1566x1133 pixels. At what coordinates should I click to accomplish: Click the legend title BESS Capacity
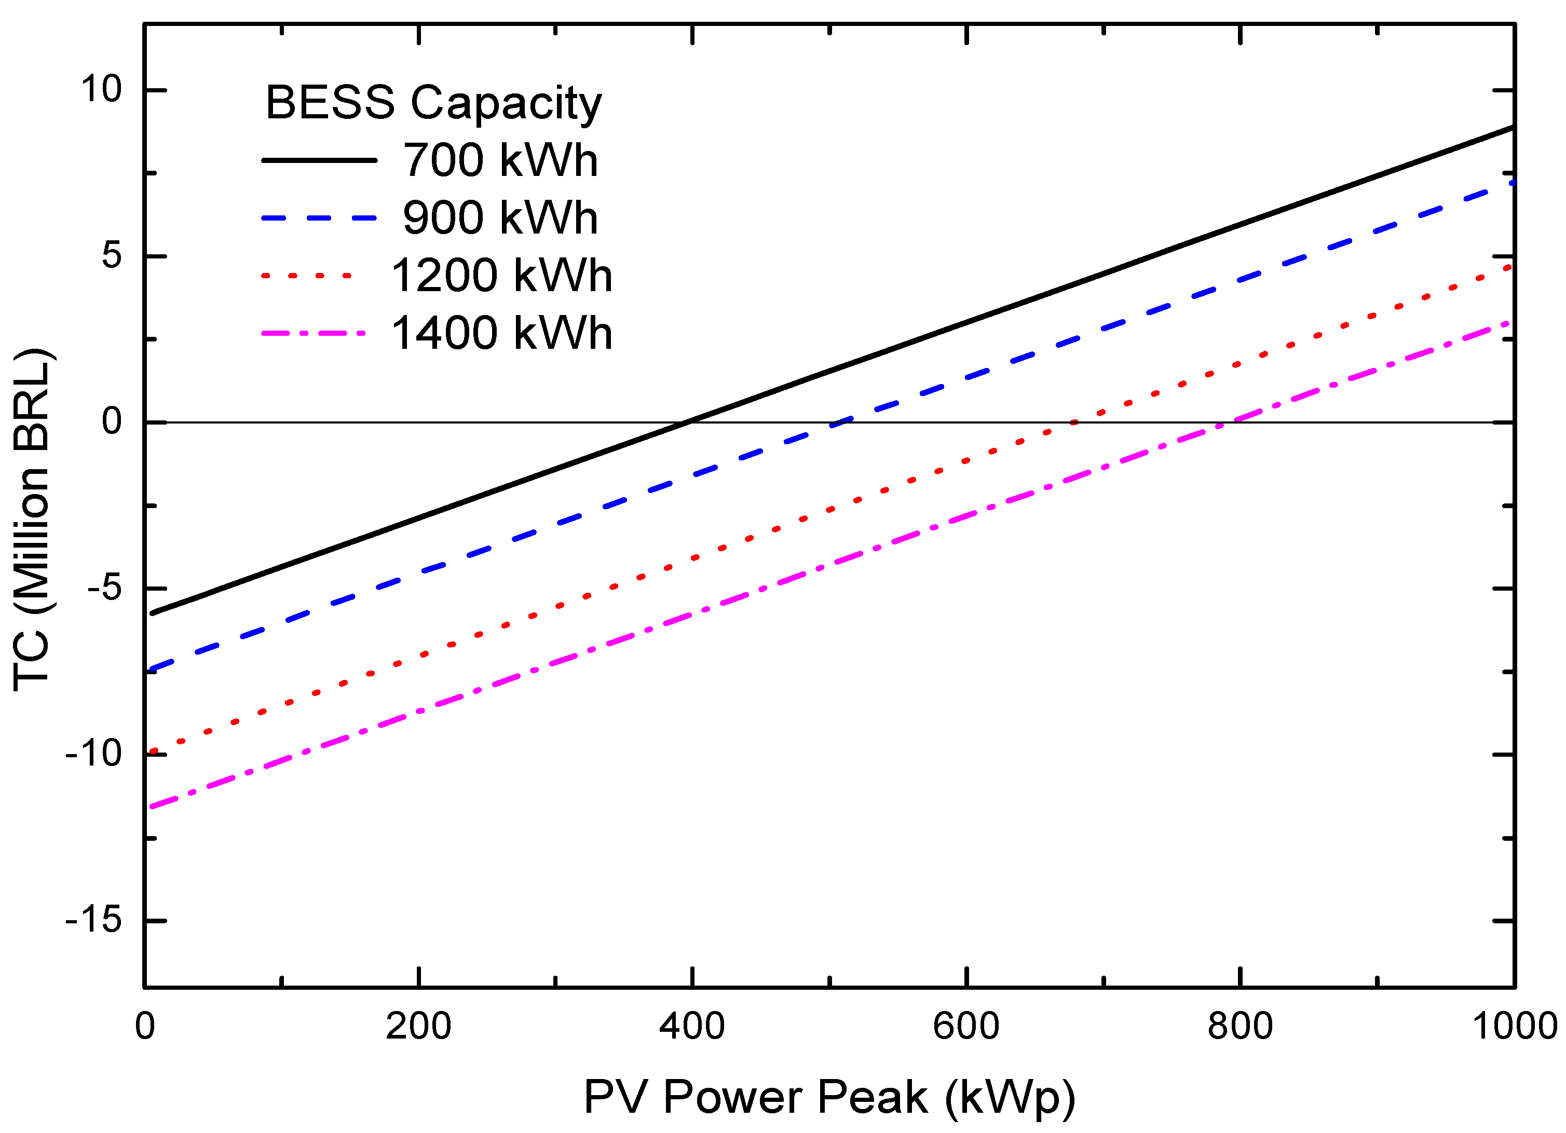[x=433, y=104]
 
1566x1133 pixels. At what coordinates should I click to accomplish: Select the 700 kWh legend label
[x=500, y=160]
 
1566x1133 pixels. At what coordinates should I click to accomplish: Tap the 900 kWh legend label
[x=500, y=218]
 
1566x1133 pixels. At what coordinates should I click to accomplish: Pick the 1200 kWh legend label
[x=501, y=276]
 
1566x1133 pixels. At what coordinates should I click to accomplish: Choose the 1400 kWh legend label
[x=501, y=334]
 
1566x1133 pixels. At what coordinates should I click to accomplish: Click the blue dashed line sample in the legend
[x=319, y=218]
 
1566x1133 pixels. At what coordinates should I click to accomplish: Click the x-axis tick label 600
[x=966, y=1026]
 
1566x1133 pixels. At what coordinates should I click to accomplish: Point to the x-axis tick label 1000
[x=1514, y=1026]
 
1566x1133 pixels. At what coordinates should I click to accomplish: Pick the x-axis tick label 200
[x=418, y=1026]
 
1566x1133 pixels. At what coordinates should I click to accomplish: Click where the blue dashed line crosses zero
[x=836, y=422]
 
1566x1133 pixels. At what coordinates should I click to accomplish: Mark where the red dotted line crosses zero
[x=1072, y=422]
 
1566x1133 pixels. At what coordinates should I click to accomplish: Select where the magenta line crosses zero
[x=1234, y=422]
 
